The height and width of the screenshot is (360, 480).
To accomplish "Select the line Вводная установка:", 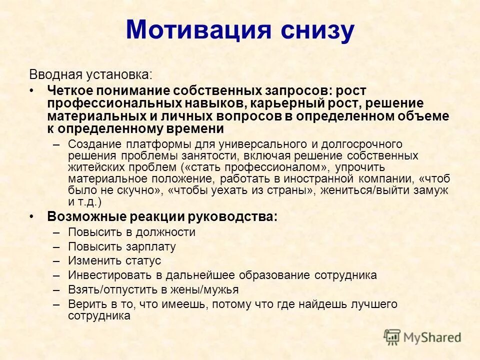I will coord(90,75).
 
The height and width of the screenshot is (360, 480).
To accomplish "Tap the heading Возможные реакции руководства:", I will coord(162,216).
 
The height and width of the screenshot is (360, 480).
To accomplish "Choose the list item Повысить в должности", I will coord(131,232).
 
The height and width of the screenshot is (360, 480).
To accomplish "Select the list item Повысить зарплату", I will coord(122,246).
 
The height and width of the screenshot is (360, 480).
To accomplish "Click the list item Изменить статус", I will coord(114,261).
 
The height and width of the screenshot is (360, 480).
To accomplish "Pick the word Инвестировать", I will coord(105,275).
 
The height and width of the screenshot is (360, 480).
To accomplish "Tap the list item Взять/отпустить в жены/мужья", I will coord(153,289).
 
